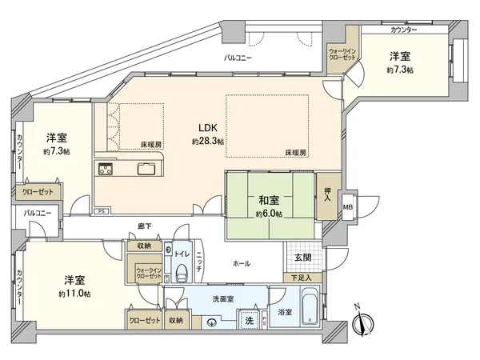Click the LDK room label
(x=207, y=126)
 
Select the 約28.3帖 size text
(x=207, y=141)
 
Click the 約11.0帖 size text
(x=75, y=294)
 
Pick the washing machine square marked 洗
(x=250, y=319)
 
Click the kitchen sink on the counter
(x=147, y=168)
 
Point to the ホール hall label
(x=241, y=262)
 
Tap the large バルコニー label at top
(x=238, y=58)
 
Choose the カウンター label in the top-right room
(x=404, y=30)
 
